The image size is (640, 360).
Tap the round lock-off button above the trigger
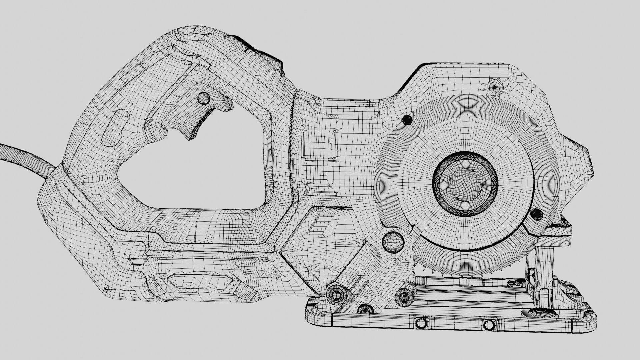(203, 98)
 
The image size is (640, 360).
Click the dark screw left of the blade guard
(407, 119)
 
